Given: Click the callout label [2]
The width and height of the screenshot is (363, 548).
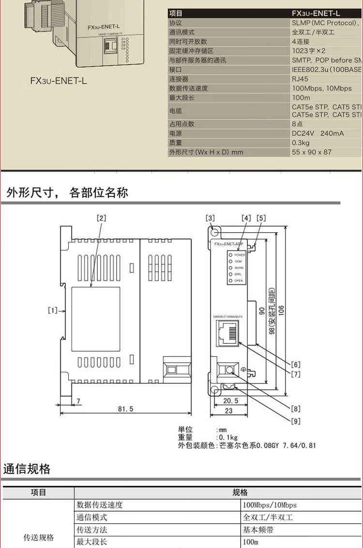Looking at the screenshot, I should click(x=101, y=218).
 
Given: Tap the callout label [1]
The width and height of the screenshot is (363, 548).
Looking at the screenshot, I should click(x=53, y=311).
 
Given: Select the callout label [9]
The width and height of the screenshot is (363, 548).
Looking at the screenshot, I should click(x=296, y=421).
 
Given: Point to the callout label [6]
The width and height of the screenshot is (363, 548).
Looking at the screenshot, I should click(x=296, y=364).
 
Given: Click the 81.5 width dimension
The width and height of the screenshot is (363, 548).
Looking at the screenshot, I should click(x=125, y=409).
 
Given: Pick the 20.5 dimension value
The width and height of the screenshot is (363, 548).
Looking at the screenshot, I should click(x=230, y=401).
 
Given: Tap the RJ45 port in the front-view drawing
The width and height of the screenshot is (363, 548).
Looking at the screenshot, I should click(x=227, y=333).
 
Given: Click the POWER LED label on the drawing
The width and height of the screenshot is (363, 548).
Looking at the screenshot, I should click(x=240, y=254).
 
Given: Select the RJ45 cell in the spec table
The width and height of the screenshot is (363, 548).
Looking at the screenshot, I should click(x=300, y=79).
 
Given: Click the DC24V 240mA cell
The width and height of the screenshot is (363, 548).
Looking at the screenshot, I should click(x=318, y=133).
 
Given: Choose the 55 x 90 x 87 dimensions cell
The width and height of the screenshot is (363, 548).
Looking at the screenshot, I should click(x=312, y=152).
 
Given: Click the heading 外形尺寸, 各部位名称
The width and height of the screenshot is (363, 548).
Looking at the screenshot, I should click(x=67, y=193).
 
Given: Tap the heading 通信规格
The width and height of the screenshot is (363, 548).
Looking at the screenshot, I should click(x=27, y=469).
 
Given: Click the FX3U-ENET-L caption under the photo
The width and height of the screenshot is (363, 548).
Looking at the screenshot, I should click(x=59, y=80).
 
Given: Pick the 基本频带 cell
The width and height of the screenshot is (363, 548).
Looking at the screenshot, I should click(x=258, y=530).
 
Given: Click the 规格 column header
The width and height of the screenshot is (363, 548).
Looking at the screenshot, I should click(x=240, y=492).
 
